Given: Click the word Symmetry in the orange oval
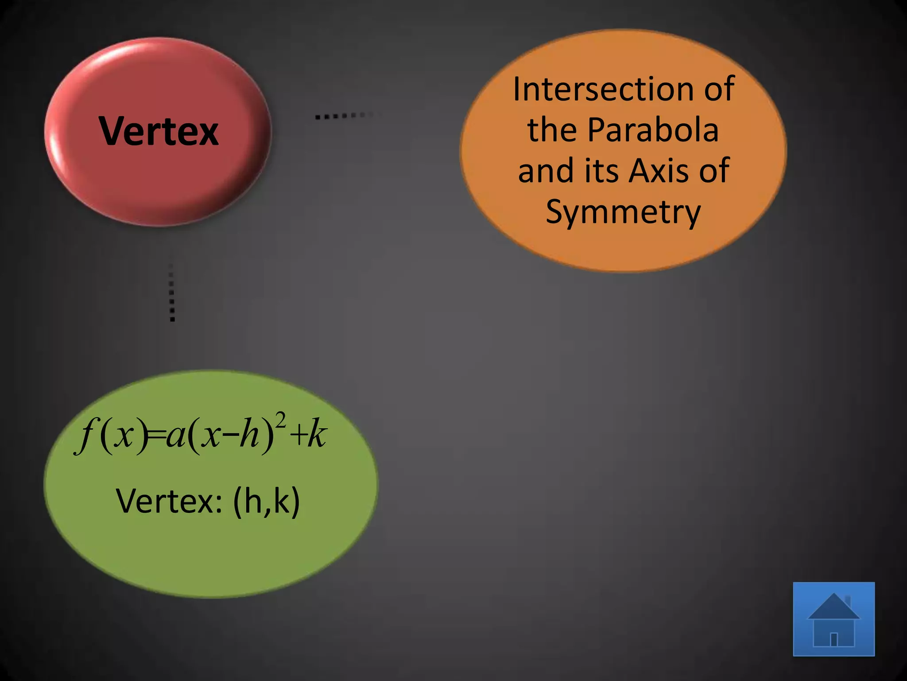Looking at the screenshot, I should point(623,212).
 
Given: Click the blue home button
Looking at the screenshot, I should point(833,619).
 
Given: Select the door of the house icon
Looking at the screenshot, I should point(833,639).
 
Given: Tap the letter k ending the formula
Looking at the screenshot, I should point(317,435).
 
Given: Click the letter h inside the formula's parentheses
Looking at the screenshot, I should point(249,435).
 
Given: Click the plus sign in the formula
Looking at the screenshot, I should point(298,436).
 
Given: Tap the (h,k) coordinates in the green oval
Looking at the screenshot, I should point(267,501).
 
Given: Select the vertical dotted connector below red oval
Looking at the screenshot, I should point(172,293).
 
